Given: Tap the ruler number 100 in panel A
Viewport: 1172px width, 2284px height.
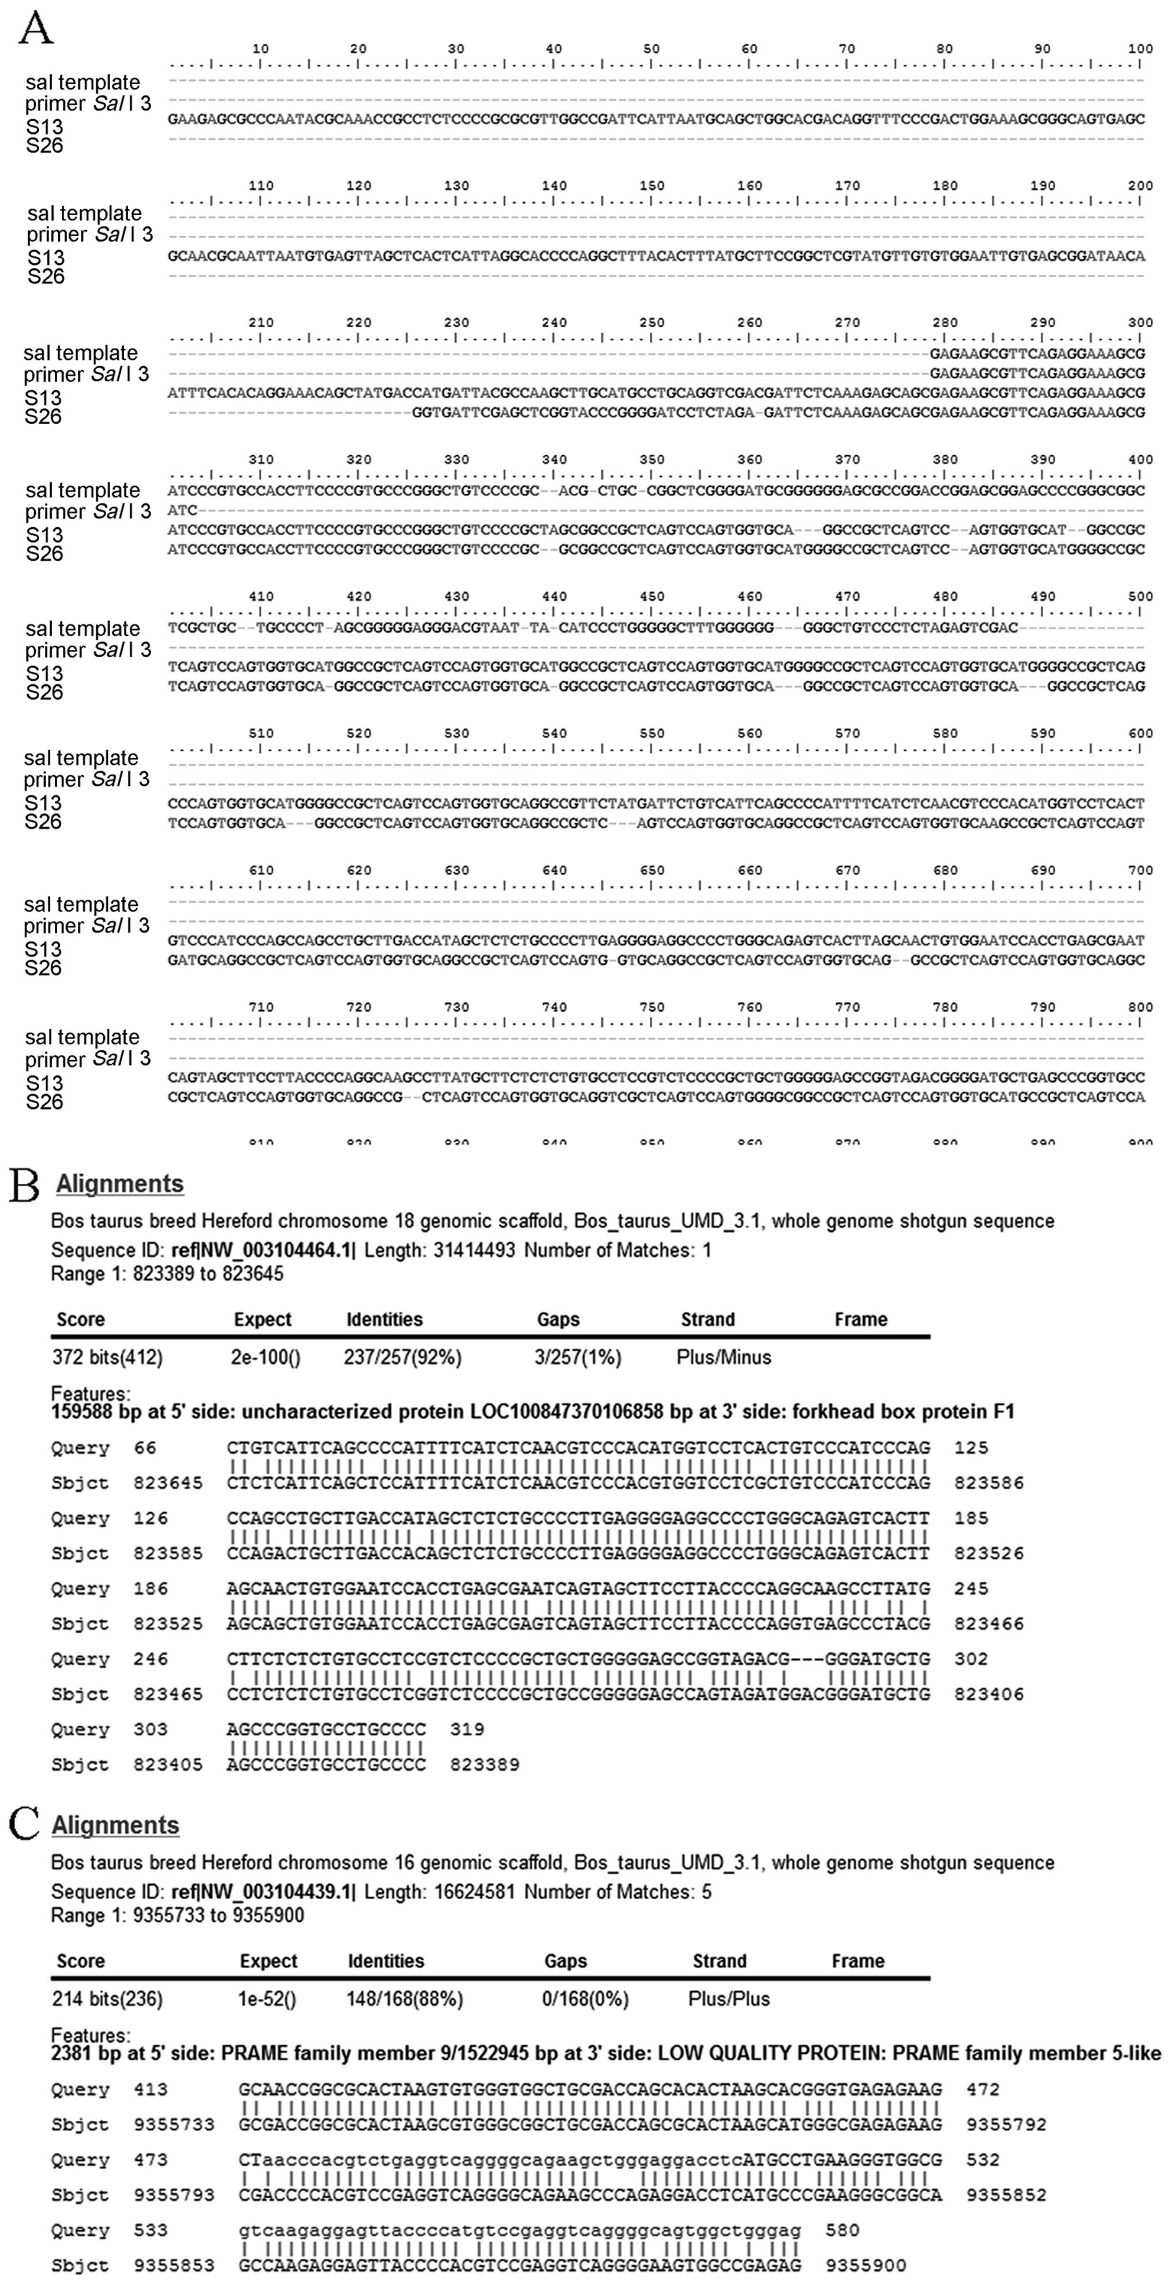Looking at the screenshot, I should [x=1140, y=49].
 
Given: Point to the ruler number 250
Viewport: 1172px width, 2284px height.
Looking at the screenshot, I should [x=651, y=322].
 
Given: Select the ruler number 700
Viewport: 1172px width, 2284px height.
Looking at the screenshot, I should [x=1140, y=871].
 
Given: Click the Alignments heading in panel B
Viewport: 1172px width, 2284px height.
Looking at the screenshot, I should [x=119, y=1184].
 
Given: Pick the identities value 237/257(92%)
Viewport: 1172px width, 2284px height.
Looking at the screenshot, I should [x=402, y=1357].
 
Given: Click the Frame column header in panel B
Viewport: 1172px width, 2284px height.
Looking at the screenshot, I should [x=860, y=1319].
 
